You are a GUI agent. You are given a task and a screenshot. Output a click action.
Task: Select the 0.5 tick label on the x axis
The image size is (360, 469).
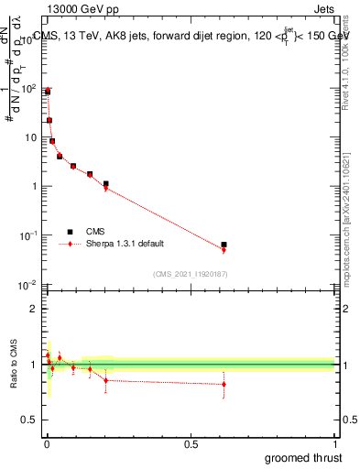[191, 443]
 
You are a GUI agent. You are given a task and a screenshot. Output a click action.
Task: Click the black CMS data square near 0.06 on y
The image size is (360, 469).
[224, 245]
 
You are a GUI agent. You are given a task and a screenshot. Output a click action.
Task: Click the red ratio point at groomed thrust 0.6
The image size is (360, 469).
[224, 384]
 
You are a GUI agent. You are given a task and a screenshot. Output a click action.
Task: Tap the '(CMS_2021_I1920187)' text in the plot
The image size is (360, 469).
[190, 274]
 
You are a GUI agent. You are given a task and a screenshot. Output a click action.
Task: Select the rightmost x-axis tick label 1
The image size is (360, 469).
[334, 443]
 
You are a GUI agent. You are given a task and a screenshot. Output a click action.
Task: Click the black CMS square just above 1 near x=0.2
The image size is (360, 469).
[106, 183]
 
